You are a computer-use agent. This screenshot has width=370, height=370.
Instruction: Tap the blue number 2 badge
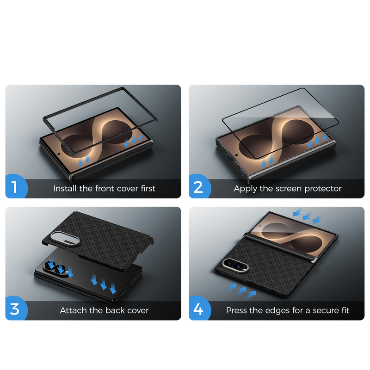199,186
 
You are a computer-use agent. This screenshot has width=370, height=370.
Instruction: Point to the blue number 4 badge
199,308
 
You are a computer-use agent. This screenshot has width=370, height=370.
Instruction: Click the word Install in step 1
65,189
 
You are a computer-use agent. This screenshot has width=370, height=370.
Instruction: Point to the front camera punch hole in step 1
59,154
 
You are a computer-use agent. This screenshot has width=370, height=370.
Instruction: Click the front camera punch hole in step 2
236,155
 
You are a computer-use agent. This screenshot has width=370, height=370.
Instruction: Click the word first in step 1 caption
148,189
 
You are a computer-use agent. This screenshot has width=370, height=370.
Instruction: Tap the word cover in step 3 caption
138,311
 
